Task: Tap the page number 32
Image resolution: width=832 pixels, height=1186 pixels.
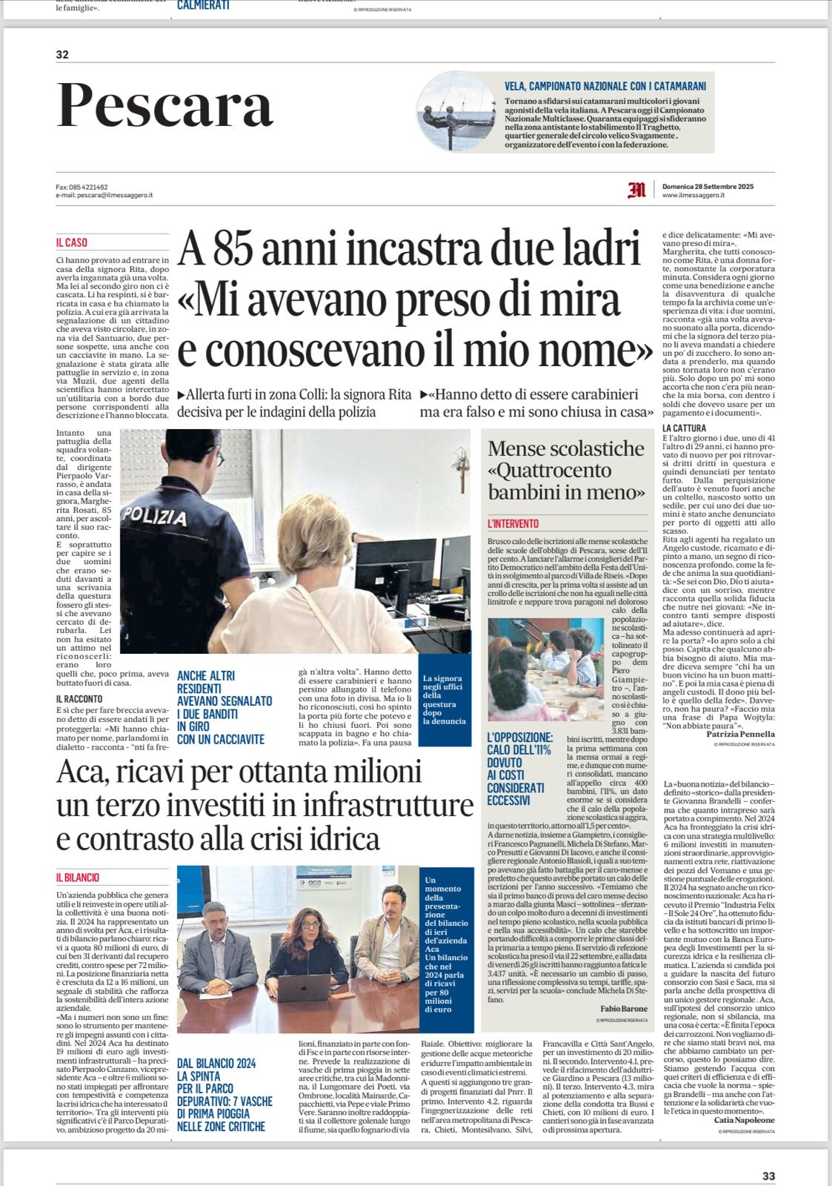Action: pos(62,53)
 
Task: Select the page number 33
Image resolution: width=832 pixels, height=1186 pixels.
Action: pos(768,1175)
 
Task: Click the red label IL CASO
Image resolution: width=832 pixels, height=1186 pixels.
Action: pos(71,242)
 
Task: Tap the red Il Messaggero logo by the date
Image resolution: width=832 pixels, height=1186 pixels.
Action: pos(636,191)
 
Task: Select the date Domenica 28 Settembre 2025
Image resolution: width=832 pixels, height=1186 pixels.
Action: pos(708,187)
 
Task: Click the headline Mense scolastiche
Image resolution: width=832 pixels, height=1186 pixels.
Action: pos(566,448)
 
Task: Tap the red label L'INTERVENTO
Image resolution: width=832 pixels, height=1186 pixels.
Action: pos(513,523)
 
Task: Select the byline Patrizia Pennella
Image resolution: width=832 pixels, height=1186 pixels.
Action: pos(741,734)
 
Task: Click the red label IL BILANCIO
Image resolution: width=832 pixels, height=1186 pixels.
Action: pos(77,877)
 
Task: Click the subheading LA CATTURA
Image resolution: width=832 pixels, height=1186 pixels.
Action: pos(684,428)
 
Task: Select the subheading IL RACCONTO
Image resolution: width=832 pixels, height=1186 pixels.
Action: pos(79,698)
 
